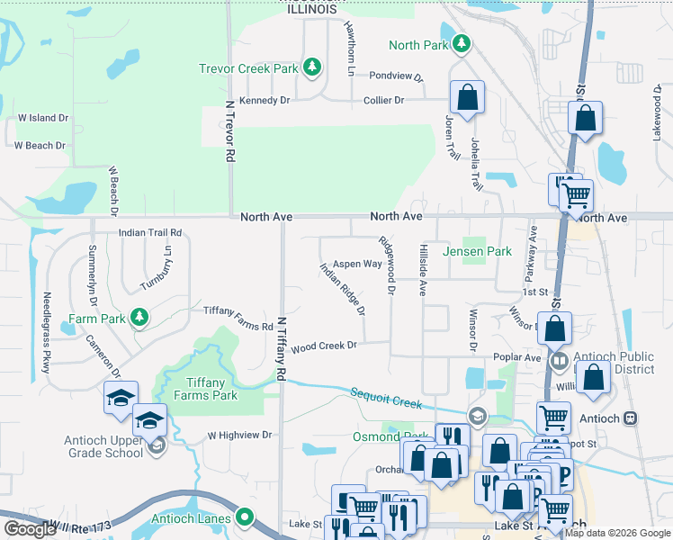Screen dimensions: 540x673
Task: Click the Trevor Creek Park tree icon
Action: coord(311,67)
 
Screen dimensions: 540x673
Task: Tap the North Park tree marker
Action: coord(461,43)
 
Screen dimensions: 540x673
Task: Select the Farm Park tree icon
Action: coord(138,317)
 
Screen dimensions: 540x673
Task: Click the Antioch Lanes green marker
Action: coord(244,517)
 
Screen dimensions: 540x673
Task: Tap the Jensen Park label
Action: coord(477,252)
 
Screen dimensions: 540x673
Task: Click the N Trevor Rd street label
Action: coord(230,130)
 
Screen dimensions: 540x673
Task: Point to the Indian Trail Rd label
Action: coord(150,232)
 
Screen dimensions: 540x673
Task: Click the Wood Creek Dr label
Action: coord(324,346)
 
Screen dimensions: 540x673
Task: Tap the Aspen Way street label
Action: coord(358,265)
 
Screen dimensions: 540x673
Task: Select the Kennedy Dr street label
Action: coord(265,101)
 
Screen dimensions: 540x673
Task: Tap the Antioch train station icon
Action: coord(631,418)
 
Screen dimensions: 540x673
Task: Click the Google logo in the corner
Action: coord(30,529)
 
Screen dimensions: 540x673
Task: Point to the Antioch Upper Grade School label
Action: coord(103,446)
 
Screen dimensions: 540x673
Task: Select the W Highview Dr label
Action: coord(239,435)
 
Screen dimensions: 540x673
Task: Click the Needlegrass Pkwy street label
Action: coord(46,332)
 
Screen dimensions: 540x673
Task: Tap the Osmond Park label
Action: coord(377,437)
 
